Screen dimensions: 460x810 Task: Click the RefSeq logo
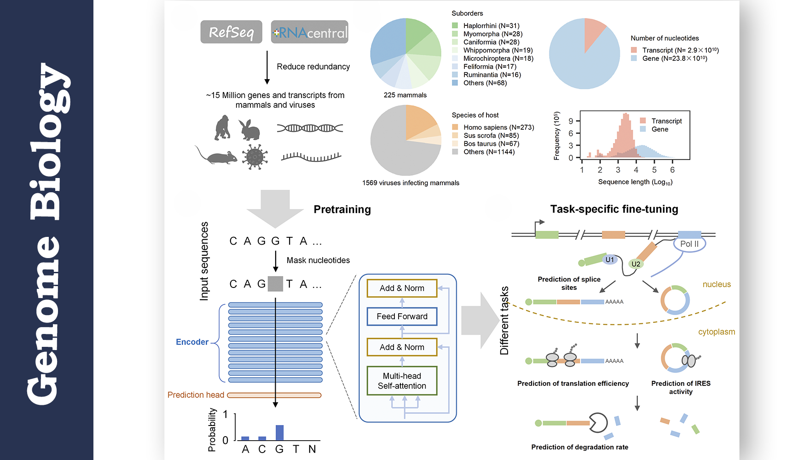click(231, 32)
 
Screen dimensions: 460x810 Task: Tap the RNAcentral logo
click(310, 32)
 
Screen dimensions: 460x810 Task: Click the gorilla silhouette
click(222, 127)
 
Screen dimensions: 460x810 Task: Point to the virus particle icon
click(255, 157)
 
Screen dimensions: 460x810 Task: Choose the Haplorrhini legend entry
click(491, 26)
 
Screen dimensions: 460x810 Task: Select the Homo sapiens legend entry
click(498, 127)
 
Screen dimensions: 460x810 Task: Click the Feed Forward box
click(402, 316)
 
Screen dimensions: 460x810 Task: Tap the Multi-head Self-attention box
click(402, 381)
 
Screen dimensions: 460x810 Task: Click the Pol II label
click(689, 244)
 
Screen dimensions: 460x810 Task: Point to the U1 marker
click(609, 260)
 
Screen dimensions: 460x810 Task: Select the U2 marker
click(636, 264)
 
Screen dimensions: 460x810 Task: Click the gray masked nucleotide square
click(275, 284)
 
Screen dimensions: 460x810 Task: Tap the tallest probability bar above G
click(279, 433)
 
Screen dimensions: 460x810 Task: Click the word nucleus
click(716, 285)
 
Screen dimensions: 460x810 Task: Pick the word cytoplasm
click(716, 332)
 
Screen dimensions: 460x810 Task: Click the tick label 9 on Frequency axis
click(571, 121)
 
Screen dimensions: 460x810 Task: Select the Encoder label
click(192, 342)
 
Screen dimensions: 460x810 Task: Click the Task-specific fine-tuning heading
click(614, 209)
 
